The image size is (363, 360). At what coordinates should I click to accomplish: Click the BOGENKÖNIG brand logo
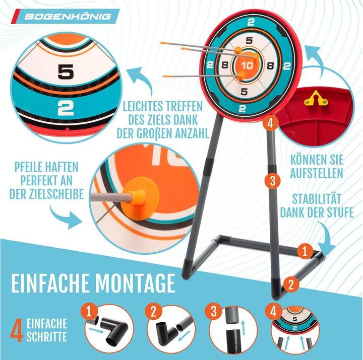68,17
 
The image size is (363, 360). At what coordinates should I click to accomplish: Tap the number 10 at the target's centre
247,65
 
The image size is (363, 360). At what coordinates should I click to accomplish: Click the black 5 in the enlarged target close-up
66,71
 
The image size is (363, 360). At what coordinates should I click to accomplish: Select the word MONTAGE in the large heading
135,283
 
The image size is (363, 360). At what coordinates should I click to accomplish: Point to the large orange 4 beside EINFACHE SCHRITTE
17,331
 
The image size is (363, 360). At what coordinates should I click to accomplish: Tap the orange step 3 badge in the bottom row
214,311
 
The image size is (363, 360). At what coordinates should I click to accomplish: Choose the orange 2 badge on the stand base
291,284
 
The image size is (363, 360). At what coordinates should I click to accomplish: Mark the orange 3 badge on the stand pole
273,181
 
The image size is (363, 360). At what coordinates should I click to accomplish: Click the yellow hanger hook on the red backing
316,98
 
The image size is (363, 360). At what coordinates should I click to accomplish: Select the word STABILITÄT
317,199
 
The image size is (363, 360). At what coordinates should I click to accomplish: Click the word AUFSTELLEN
317,173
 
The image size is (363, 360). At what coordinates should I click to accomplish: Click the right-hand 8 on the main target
270,66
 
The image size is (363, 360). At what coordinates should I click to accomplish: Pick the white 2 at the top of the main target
251,23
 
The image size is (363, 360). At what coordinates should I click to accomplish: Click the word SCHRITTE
47,336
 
